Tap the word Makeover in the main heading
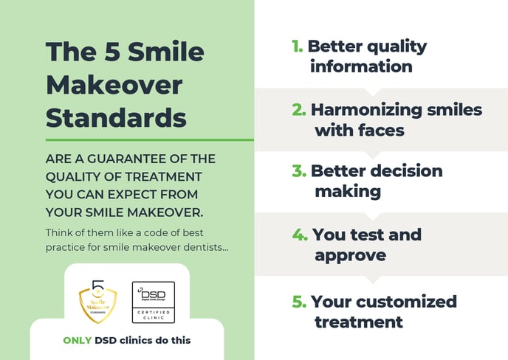(114, 86)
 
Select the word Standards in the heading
(116, 117)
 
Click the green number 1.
(297, 46)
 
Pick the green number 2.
(298, 111)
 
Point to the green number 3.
(298, 171)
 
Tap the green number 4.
(299, 235)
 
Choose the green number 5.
(298, 302)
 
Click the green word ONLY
(77, 340)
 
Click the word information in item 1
(361, 66)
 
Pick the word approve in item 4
(351, 255)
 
